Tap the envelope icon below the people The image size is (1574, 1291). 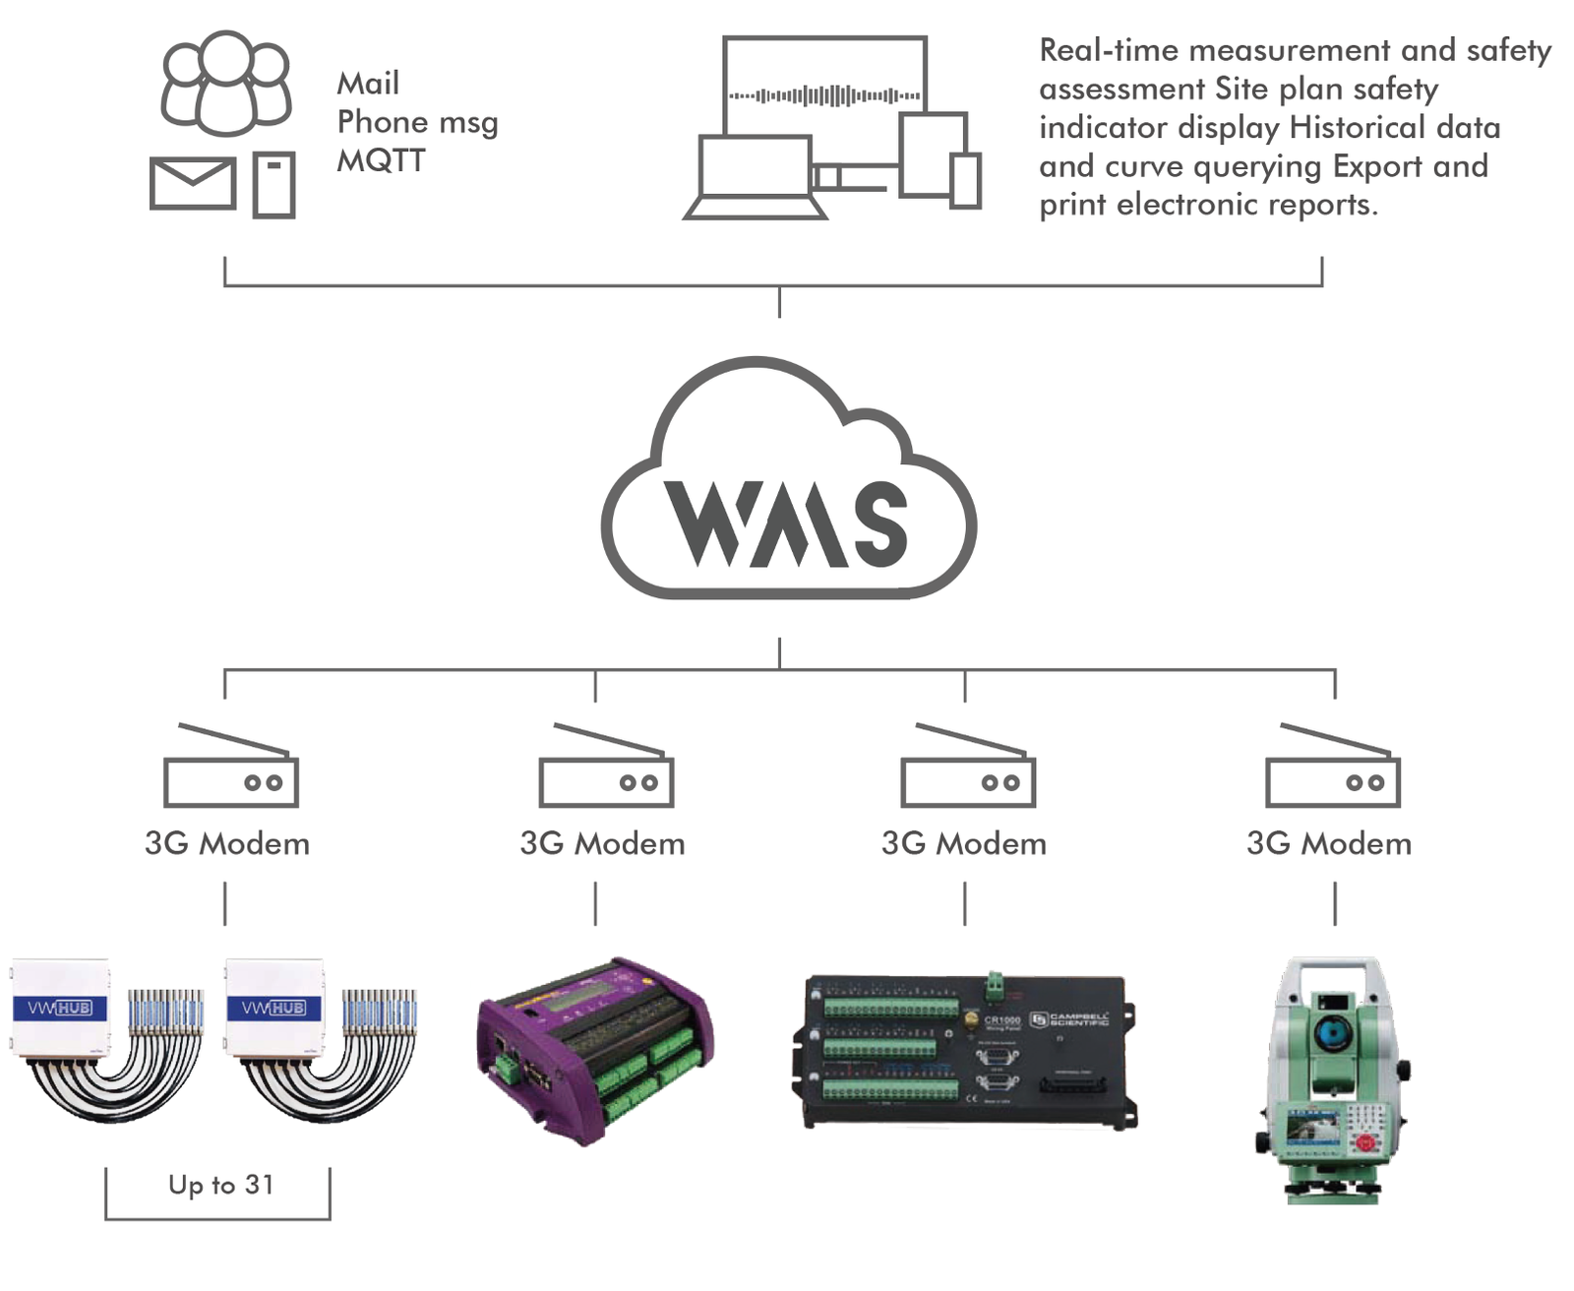click(193, 183)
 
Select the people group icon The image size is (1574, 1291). click(226, 83)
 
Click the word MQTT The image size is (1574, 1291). click(381, 160)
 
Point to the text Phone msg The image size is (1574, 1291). click(417, 122)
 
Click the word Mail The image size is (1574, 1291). click(368, 84)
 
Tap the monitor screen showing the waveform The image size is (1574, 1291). click(824, 94)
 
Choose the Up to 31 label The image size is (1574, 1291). click(220, 1185)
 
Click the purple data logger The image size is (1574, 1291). click(594, 1049)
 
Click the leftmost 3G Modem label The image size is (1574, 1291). click(227, 844)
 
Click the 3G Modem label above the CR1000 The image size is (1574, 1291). click(964, 844)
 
